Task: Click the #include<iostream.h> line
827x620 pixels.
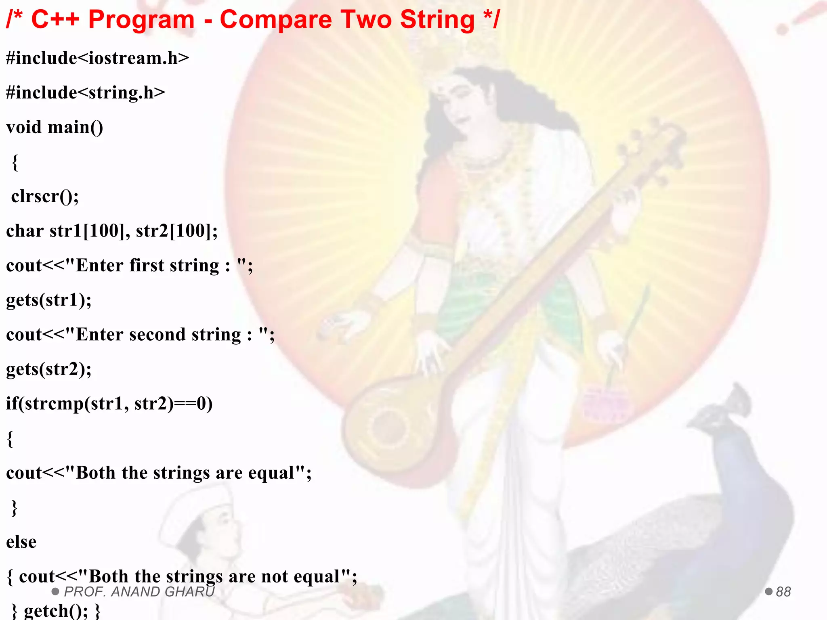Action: click(x=97, y=58)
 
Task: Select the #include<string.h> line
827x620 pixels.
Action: click(x=85, y=93)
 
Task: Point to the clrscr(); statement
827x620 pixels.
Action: click(x=45, y=197)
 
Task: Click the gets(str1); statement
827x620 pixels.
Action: click(x=48, y=300)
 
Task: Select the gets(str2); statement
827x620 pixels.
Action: click(x=48, y=369)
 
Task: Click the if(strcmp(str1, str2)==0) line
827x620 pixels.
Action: click(x=109, y=404)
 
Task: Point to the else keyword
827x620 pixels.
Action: click(x=21, y=542)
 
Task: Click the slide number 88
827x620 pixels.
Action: click(x=783, y=592)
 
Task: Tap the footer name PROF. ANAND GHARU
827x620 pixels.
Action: click(x=139, y=592)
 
